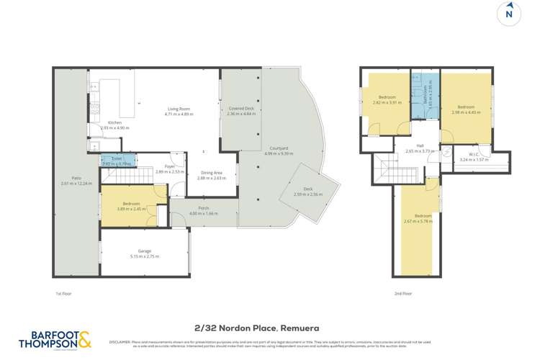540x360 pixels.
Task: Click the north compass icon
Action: pyautogui.click(x=509, y=14)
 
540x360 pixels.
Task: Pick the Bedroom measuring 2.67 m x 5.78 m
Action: pyautogui.click(x=423, y=217)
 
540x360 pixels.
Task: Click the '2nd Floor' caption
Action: pyautogui.click(x=404, y=294)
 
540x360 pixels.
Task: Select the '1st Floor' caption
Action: pyautogui.click(x=65, y=294)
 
